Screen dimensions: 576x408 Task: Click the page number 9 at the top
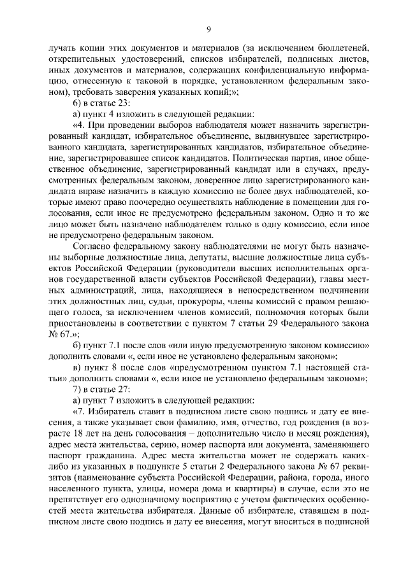tap(208, 28)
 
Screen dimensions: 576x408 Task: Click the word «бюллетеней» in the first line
tap(344, 48)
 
